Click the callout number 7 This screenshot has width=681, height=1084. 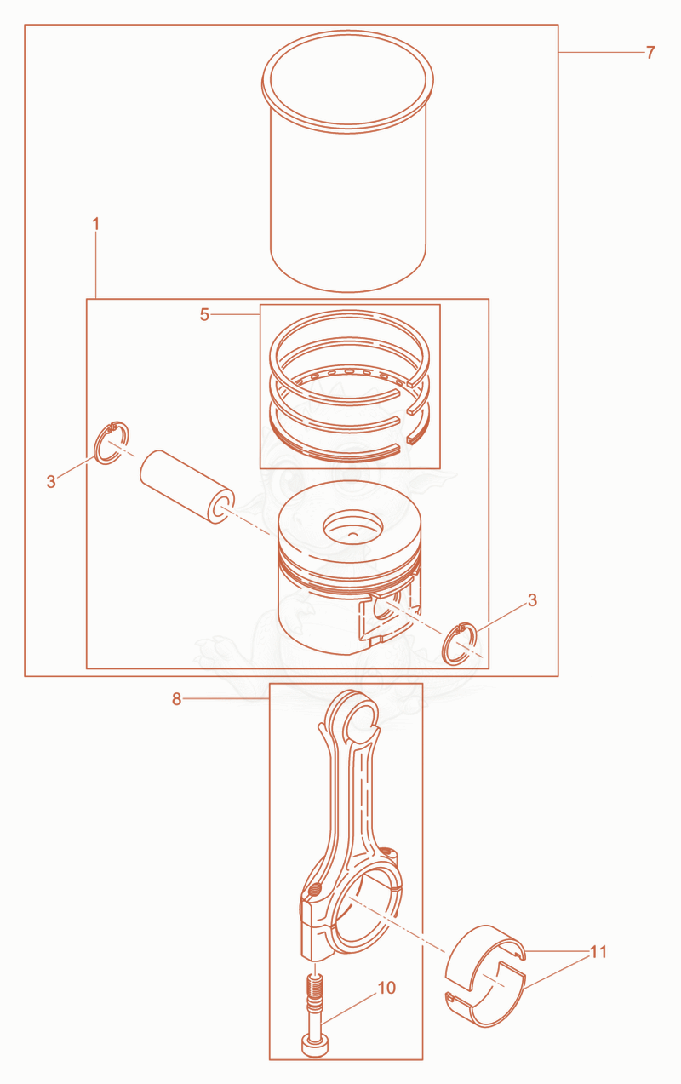[x=650, y=52]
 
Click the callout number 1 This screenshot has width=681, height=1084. [x=95, y=224]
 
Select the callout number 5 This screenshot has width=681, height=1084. [x=204, y=314]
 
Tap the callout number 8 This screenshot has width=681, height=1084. [x=176, y=699]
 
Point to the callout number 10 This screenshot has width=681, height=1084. [x=386, y=988]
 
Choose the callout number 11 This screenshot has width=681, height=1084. [x=598, y=952]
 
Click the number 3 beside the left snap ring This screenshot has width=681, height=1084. [x=51, y=481]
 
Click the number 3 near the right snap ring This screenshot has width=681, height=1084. [x=532, y=600]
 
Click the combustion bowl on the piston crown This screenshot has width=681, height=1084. [x=352, y=526]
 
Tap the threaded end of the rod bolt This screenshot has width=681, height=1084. [x=315, y=987]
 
